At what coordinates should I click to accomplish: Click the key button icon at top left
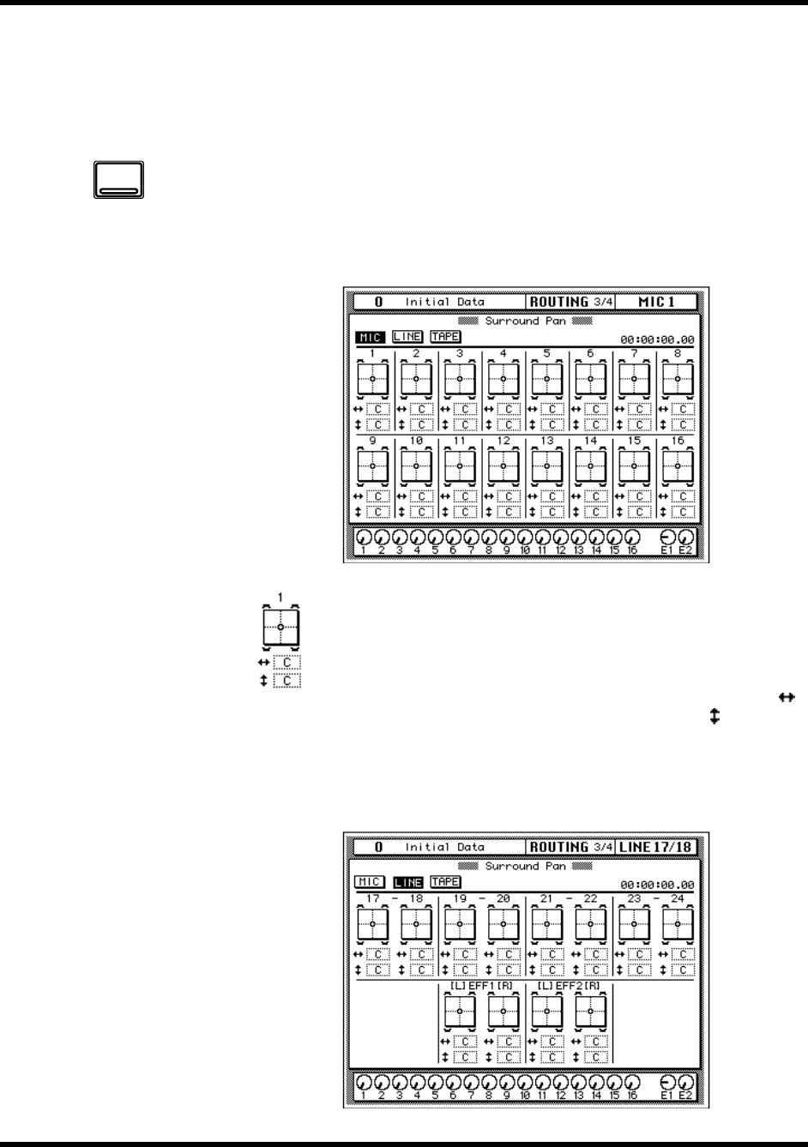click(x=118, y=179)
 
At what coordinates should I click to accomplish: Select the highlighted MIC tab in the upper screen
click(x=370, y=337)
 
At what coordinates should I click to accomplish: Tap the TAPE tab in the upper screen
click(x=445, y=337)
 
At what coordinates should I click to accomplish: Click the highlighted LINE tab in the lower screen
click(x=407, y=882)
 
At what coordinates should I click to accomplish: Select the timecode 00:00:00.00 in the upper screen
click(x=657, y=340)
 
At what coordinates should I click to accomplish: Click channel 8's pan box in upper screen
click(x=678, y=377)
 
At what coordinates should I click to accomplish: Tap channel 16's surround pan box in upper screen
click(x=678, y=465)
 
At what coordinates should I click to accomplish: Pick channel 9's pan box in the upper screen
click(x=372, y=465)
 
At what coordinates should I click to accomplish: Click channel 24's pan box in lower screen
click(x=678, y=924)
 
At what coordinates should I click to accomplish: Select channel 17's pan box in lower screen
click(x=372, y=924)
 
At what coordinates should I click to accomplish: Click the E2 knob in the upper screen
click(x=685, y=537)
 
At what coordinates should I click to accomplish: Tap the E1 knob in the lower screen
click(x=667, y=1082)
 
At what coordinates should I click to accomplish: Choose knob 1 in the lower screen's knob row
click(x=363, y=1082)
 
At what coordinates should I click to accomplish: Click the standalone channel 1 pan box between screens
click(x=280, y=628)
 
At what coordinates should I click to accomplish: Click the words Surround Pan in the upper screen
click(x=526, y=321)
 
